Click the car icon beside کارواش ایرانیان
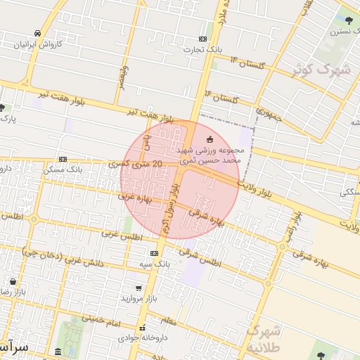(x=37, y=33)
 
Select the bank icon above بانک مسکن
(x=63, y=159)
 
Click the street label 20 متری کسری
(x=136, y=164)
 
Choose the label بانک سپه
(x=154, y=264)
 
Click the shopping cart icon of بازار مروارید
(x=139, y=288)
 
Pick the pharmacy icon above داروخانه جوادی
(x=143, y=327)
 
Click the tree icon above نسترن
(x=348, y=20)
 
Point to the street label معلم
(x=169, y=321)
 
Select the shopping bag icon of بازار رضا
(x=13, y=281)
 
